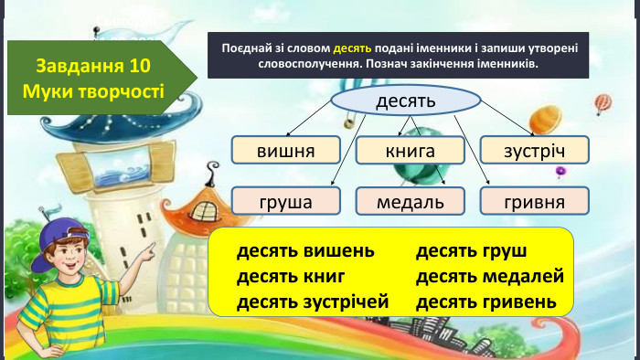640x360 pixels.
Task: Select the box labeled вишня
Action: click(x=285, y=150)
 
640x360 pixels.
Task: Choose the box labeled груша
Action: click(x=285, y=201)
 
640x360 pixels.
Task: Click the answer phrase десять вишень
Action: click(x=305, y=251)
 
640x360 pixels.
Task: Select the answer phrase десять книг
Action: click(x=290, y=276)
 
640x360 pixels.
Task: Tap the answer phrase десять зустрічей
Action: click(x=313, y=301)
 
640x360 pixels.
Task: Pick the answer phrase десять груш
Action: click(x=472, y=251)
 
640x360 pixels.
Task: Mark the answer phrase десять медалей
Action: click(x=490, y=276)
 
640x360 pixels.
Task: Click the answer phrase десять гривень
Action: click(x=486, y=301)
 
